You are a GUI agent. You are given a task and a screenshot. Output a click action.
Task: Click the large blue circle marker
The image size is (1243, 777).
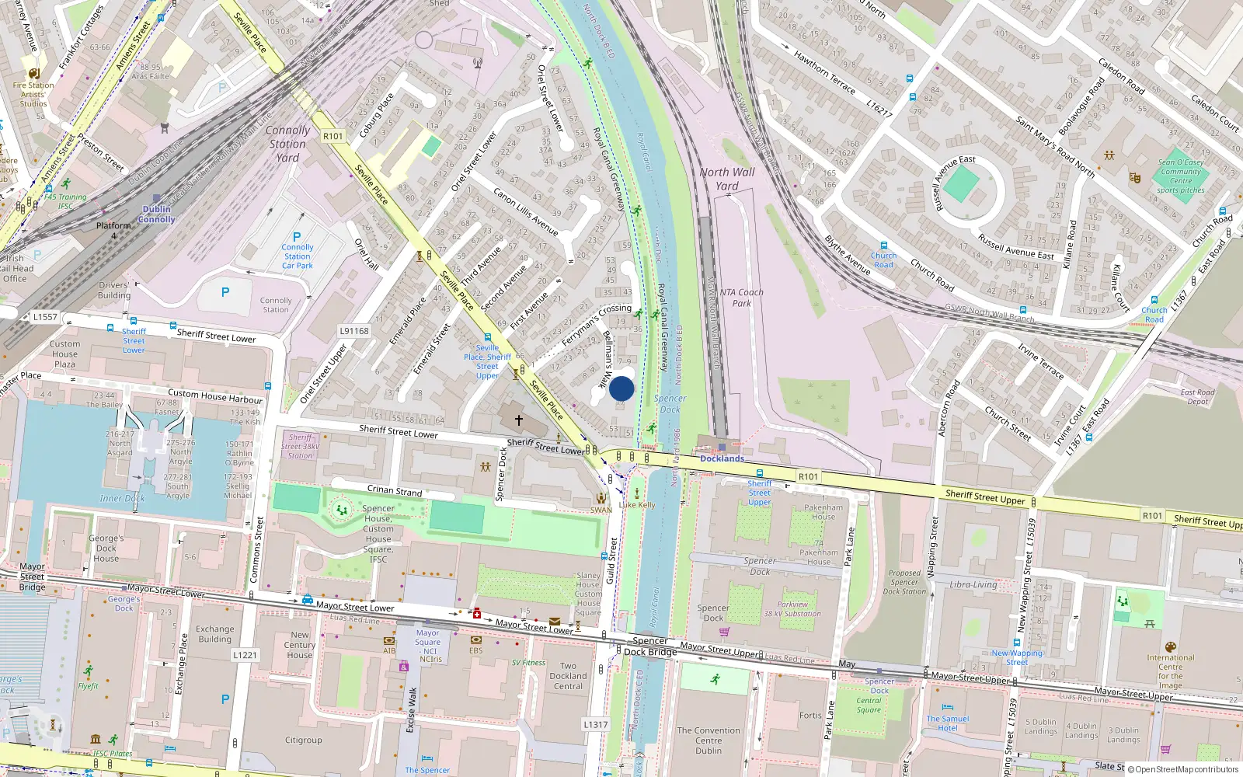(621, 388)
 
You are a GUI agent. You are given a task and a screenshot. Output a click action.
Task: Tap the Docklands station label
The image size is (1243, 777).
(722, 458)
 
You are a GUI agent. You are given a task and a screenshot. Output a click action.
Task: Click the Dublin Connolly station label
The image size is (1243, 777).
(157, 214)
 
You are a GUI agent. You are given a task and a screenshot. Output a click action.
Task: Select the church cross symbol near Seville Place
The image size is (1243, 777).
(519, 420)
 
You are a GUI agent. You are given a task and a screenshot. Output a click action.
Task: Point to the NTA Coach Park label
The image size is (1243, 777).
(741, 298)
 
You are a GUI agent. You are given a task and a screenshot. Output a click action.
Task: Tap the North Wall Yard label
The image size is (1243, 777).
(726, 179)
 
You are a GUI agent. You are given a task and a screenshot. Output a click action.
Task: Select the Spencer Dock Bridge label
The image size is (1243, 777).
(650, 646)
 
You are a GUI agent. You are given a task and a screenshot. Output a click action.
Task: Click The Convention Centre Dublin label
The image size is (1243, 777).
(709, 740)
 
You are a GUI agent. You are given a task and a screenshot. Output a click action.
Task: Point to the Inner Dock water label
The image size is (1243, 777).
(122, 498)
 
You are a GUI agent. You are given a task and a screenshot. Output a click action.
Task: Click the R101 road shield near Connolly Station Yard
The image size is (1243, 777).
(333, 136)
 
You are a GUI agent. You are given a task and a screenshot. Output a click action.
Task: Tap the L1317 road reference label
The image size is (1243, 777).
(596, 724)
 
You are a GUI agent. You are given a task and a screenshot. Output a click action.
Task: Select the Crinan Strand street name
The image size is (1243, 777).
(395, 490)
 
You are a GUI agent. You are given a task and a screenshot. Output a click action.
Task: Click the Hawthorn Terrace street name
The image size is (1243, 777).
(824, 72)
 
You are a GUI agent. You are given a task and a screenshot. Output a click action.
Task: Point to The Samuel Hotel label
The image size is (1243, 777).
(948, 723)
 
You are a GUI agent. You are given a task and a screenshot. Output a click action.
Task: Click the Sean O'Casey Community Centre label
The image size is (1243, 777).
(1181, 176)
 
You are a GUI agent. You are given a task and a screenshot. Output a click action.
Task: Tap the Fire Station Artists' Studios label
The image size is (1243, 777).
(33, 95)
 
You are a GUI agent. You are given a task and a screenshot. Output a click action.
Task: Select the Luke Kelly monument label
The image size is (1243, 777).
(637, 504)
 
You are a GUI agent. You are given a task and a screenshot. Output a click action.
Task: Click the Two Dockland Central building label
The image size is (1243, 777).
(568, 676)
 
